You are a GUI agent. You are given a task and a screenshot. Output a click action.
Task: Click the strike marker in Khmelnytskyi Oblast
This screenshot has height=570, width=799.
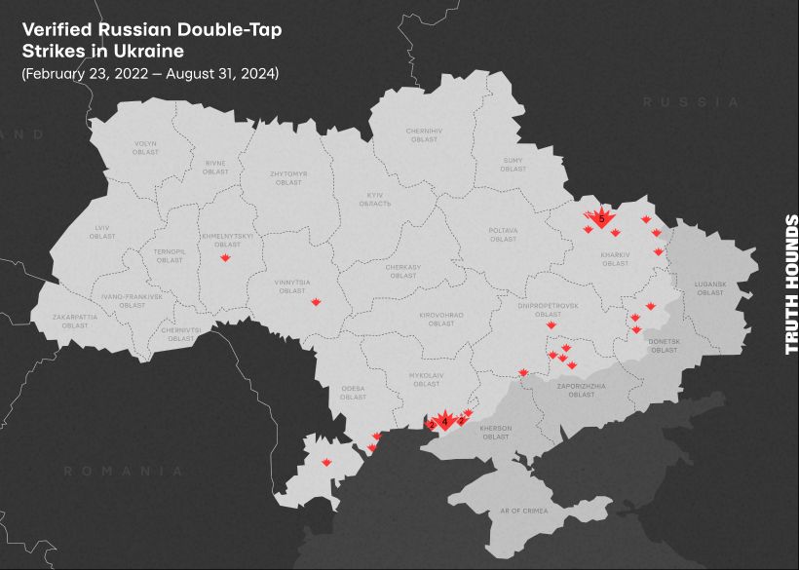pyautogui.click(x=225, y=257)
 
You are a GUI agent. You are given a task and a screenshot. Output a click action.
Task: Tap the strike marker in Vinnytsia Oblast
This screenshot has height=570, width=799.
pyautogui.click(x=316, y=303)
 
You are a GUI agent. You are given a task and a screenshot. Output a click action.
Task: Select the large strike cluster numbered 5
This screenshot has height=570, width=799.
pyautogui.click(x=601, y=218)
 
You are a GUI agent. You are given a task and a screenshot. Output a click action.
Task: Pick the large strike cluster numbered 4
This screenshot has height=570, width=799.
pyautogui.click(x=445, y=420)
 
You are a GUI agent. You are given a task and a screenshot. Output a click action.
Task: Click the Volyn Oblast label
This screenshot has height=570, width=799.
pyautogui.click(x=145, y=148)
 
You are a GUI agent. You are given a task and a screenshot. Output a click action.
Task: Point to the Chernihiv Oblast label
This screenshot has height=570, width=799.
pyautogui.click(x=424, y=134)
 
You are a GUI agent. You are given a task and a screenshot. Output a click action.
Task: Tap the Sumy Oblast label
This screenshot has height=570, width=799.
pyautogui.click(x=514, y=165)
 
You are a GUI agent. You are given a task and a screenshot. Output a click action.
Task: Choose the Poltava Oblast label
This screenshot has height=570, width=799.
pyautogui.click(x=503, y=235)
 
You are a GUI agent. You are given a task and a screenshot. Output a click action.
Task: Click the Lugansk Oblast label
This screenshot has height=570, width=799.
pyautogui.click(x=710, y=287)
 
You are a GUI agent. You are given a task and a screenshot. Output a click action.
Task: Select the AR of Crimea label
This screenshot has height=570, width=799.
pyautogui.click(x=523, y=511)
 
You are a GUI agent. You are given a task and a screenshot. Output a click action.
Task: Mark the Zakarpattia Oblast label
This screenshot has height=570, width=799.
pyautogui.click(x=75, y=321)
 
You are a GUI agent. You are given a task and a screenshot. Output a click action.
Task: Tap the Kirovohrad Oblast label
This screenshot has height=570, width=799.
pyautogui.click(x=441, y=319)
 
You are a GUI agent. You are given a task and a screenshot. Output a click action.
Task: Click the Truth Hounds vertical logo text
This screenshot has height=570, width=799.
pyautogui.click(x=791, y=284)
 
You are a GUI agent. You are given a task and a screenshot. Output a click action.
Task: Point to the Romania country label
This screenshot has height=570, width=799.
pyautogui.click(x=123, y=471)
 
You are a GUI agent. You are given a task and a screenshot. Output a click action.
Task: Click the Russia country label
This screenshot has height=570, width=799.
pyautogui.click(x=691, y=101)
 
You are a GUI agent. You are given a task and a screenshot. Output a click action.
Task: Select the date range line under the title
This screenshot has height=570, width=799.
pyautogui.click(x=150, y=73)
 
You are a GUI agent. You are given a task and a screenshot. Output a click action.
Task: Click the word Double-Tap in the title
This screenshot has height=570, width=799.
pyautogui.click(x=228, y=29)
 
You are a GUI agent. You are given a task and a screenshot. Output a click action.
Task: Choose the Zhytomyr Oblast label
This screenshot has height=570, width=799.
pyautogui.click(x=288, y=177)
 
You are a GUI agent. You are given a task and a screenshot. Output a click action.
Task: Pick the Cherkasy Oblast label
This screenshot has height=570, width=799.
pyautogui.click(x=403, y=271)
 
